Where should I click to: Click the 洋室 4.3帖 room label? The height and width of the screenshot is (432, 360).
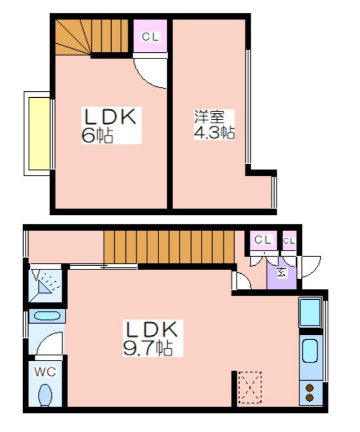click(x=214, y=125)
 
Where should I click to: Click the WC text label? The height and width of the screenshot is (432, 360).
click(x=45, y=372)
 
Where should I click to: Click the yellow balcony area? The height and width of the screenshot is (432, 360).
click(x=39, y=133)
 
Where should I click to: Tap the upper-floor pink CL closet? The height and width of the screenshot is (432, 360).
click(x=151, y=36)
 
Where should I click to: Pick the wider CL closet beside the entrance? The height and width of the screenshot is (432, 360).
click(x=263, y=240)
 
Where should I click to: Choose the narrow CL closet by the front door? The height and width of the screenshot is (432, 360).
click(x=289, y=240)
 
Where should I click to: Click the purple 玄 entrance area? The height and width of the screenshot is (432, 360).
click(x=282, y=273)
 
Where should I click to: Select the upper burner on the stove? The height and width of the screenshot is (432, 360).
click(x=310, y=388)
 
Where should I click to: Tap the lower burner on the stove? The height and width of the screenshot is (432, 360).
click(x=310, y=398)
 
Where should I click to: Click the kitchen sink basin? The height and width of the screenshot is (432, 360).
click(x=310, y=351)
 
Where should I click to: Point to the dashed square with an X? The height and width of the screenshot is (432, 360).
click(x=250, y=387)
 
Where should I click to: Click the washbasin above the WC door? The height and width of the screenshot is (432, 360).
click(x=47, y=316)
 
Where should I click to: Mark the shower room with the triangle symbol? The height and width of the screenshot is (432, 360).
click(x=45, y=286)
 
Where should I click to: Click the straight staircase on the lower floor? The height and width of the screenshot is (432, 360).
click(x=169, y=247)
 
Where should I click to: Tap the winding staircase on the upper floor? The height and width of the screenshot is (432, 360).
click(x=92, y=36)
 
